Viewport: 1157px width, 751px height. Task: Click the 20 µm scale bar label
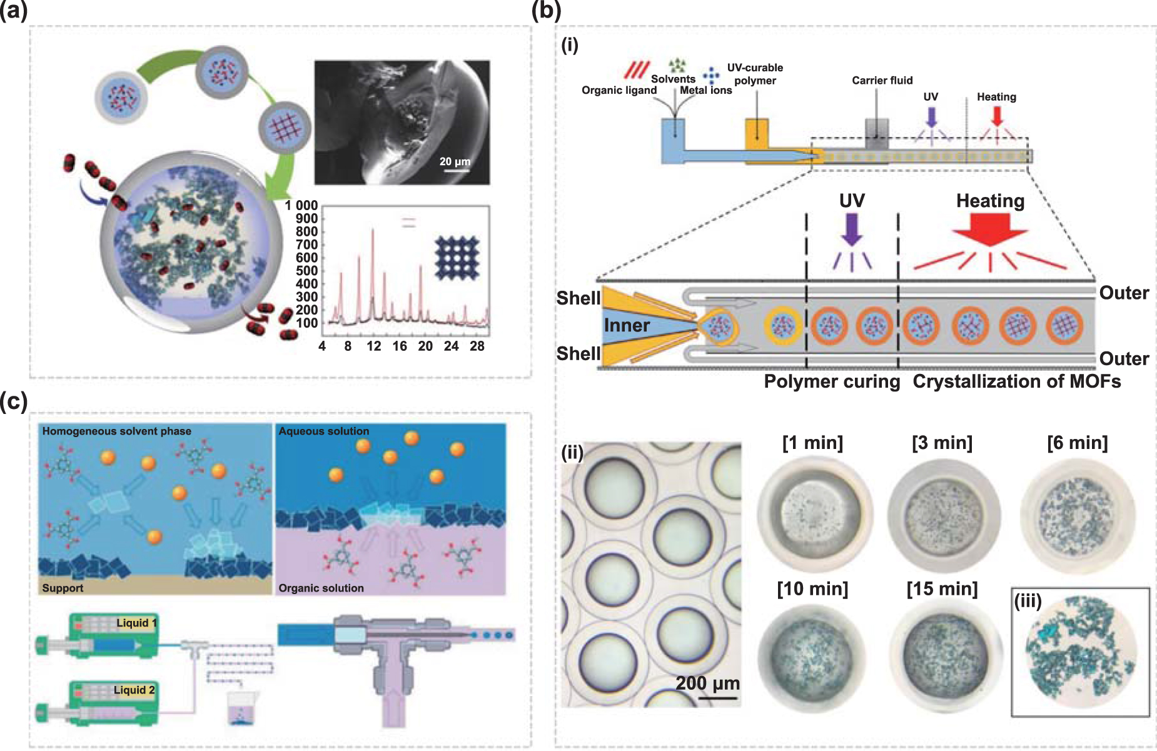pyautogui.click(x=455, y=161)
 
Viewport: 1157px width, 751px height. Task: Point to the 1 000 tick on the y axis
pyautogui.click(x=301, y=206)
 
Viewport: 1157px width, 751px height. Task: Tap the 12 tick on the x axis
pyautogui.click(x=374, y=346)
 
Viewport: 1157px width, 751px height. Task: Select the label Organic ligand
pyautogui.click(x=619, y=90)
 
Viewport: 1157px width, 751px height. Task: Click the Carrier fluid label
pyautogui.click(x=882, y=81)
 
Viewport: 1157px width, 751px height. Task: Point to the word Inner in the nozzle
pyautogui.click(x=627, y=325)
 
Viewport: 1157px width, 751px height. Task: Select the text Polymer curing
pyautogui.click(x=831, y=381)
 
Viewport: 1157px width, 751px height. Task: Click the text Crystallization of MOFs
pyautogui.click(x=1016, y=381)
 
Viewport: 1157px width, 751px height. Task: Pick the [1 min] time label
pyautogui.click(x=812, y=443)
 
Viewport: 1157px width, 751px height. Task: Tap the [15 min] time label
pyautogui.click(x=942, y=589)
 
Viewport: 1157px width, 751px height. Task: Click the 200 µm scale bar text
pyautogui.click(x=707, y=683)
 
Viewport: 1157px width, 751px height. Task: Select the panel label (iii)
pyautogui.click(x=1028, y=602)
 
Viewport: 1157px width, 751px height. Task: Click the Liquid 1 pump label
pyautogui.click(x=136, y=623)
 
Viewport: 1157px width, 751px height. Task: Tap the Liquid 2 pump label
pyautogui.click(x=134, y=690)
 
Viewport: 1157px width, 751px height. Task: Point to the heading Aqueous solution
pyautogui.click(x=323, y=431)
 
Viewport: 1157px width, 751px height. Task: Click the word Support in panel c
pyautogui.click(x=63, y=588)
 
